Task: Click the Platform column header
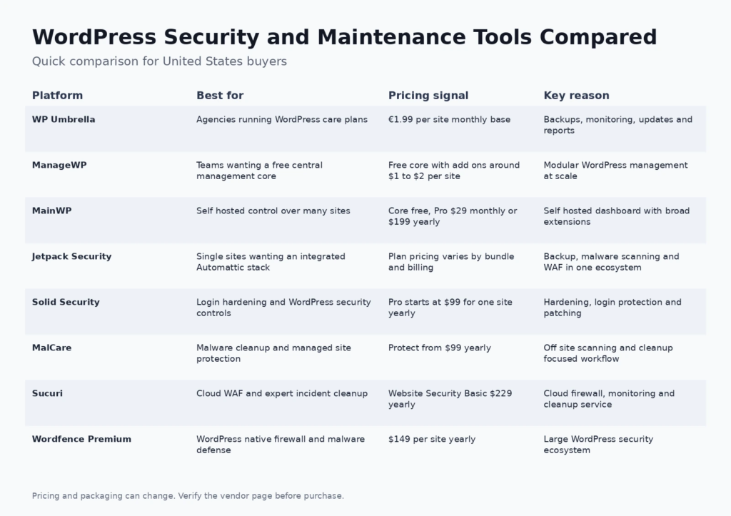point(57,96)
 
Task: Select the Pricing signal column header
point(428,96)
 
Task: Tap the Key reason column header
point(576,96)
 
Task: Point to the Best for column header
point(220,96)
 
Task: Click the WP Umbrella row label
point(64,119)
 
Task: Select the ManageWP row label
point(59,165)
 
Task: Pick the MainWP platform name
point(51,211)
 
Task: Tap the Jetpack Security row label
point(72,256)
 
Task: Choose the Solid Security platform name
point(66,302)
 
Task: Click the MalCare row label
point(51,348)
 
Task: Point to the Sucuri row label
point(47,393)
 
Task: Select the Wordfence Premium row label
point(81,439)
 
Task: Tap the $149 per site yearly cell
point(432,439)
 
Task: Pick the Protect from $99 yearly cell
point(440,348)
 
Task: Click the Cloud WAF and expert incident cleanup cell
point(282,393)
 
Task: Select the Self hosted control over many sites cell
point(273,211)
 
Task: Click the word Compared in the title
point(598,37)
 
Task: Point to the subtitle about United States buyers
point(159,61)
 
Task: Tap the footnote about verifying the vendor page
point(188,495)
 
